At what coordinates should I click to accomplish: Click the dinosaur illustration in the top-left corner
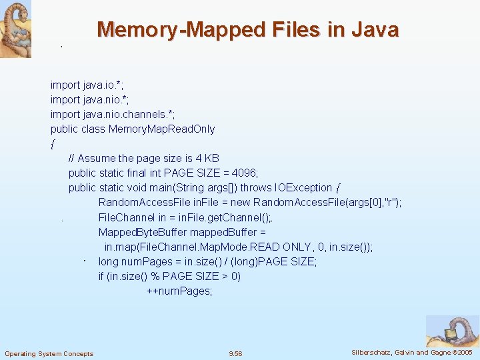coord(15,29)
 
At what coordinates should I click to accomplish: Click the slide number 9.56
coord(235,353)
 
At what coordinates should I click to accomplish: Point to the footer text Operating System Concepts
coord(49,353)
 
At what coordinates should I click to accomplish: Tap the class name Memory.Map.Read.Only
coord(161,129)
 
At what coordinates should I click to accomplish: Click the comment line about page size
coord(143,158)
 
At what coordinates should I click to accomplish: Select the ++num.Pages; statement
coord(179,291)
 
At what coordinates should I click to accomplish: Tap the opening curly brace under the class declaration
coord(52,144)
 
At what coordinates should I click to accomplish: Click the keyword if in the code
coord(101,276)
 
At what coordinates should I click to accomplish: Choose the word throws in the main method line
coord(257,187)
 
